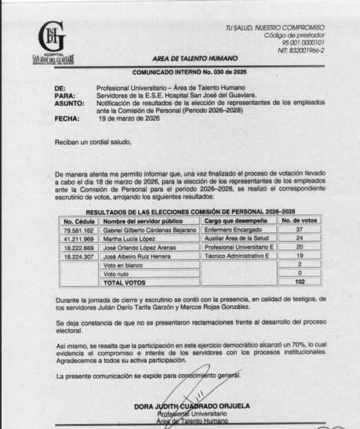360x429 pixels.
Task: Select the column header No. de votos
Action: click(x=299, y=221)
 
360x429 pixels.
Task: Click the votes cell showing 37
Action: click(x=299, y=231)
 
